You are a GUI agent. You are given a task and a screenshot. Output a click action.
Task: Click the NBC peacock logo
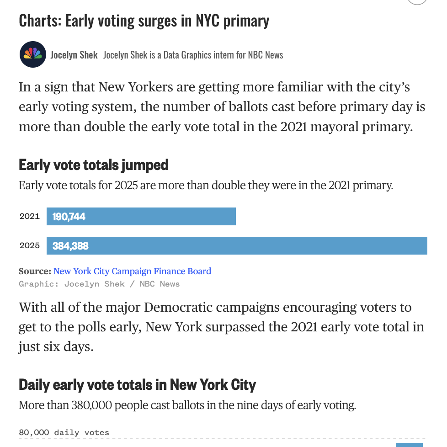point(33,54)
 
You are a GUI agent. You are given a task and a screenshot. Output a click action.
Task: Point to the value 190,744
point(69,217)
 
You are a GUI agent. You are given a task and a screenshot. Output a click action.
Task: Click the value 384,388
point(70,246)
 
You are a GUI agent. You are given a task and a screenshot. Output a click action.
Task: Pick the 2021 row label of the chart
point(30,216)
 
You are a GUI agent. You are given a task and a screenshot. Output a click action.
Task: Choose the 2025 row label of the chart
point(30,245)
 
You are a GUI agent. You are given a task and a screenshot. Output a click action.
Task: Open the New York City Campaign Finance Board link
point(132,271)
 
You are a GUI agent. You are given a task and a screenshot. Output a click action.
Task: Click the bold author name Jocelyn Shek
point(74,55)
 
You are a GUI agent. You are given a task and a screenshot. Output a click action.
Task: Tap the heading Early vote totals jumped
point(94,165)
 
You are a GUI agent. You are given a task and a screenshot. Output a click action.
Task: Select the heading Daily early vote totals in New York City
point(137,384)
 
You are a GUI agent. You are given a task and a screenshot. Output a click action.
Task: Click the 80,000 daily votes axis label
point(64,432)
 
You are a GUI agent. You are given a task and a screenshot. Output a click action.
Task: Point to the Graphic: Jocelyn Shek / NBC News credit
point(99,284)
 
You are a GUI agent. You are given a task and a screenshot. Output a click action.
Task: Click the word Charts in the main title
point(40,21)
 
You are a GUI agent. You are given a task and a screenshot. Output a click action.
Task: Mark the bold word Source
point(34,271)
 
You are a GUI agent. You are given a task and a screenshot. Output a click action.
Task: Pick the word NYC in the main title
point(208,21)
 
